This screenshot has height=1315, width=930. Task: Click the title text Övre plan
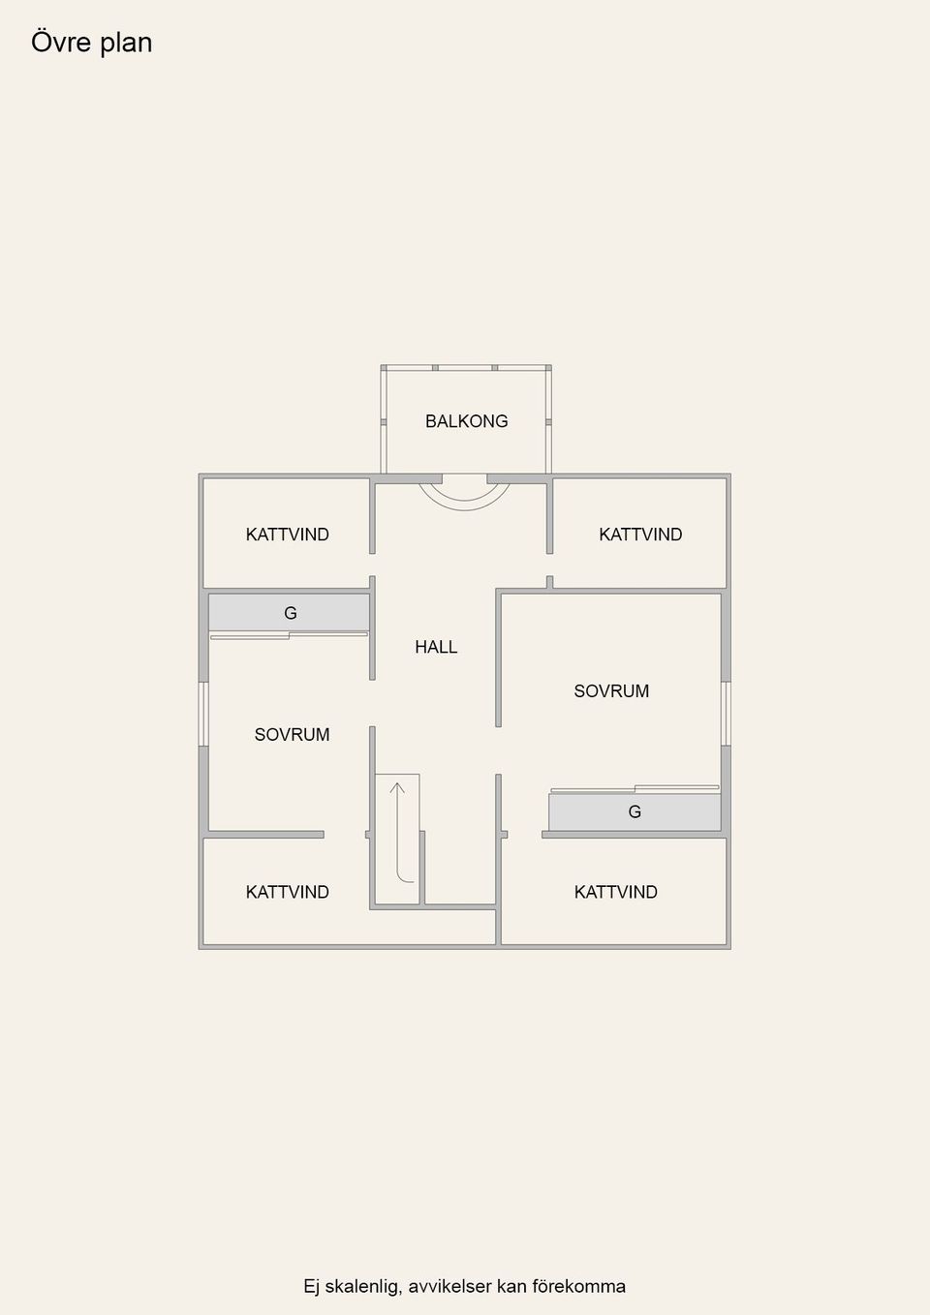92,43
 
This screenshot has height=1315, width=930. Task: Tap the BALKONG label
467,421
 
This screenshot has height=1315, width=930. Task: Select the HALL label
436,646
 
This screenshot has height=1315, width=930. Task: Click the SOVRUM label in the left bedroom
292,734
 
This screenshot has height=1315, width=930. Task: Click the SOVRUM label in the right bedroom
611,691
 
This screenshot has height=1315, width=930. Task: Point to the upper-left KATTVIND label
287,535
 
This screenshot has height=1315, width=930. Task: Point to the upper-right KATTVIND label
640,535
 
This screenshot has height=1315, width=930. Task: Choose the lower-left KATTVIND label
287,892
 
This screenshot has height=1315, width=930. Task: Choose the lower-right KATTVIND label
616,892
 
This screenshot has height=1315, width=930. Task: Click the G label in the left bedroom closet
290,613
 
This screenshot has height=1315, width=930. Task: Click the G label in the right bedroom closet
635,811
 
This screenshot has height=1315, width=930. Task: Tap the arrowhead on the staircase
397,786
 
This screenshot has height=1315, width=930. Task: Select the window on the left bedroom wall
203,714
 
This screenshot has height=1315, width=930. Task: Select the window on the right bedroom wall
726,714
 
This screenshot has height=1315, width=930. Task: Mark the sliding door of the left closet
289,635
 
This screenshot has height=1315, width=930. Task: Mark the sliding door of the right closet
635,788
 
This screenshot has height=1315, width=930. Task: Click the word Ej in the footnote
311,1286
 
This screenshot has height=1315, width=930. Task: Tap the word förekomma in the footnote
579,1286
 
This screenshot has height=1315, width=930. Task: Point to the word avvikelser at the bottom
450,1286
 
